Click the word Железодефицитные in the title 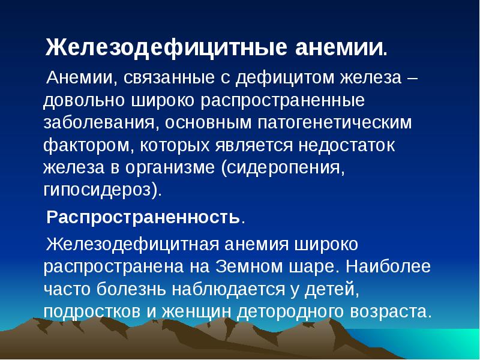point(166,48)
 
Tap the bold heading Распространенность point(143,217)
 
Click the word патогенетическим point(335,123)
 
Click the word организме point(170,169)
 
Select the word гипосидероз point(97,190)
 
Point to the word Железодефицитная point(133,245)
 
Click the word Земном point(250,266)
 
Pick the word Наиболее point(388,266)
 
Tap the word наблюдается point(228,290)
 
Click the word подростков point(92,311)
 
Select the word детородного point(290,312)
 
